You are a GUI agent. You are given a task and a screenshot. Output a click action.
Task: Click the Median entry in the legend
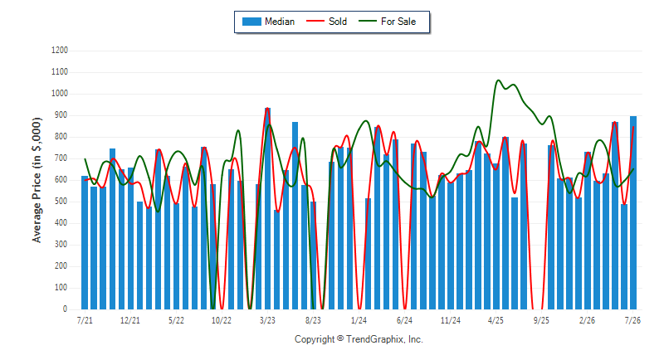coord(268,22)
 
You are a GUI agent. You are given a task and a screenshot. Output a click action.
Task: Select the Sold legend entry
coord(326,22)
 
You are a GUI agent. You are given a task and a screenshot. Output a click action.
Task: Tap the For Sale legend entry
coord(388,22)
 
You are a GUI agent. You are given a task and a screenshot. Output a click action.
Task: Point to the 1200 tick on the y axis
coord(60,51)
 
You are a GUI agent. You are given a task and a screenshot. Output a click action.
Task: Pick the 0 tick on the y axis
coord(66,309)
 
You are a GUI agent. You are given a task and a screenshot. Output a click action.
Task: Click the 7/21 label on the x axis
coord(85,320)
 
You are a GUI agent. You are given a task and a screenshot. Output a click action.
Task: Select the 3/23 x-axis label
coord(267,320)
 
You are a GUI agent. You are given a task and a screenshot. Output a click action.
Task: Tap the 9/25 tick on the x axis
coord(541,320)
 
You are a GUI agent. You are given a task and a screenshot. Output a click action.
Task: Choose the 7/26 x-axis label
coord(632,320)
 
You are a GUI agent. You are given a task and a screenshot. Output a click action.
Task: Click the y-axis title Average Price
coord(37,180)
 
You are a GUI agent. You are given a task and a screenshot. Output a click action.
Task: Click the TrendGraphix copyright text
coord(359,339)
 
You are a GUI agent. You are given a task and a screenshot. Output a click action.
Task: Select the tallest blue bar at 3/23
coord(267,208)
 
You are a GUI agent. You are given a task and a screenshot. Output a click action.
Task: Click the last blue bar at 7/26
coord(633,213)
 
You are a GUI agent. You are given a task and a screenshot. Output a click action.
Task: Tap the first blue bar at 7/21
coord(85,242)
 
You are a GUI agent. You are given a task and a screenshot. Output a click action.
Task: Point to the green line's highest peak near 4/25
coord(498,80)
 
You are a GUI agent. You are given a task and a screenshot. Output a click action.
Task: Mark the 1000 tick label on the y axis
coord(60,94)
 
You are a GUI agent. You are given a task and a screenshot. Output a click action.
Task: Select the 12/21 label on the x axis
coord(130,320)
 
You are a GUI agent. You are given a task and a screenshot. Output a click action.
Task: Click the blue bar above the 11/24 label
coord(451,246)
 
